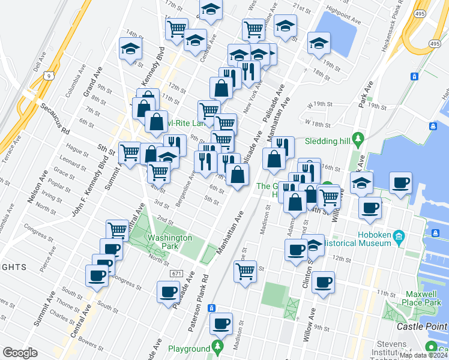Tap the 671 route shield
tap(175, 274)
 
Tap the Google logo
tap(20, 353)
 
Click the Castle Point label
tap(423, 327)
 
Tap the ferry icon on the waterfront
tap(432, 126)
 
